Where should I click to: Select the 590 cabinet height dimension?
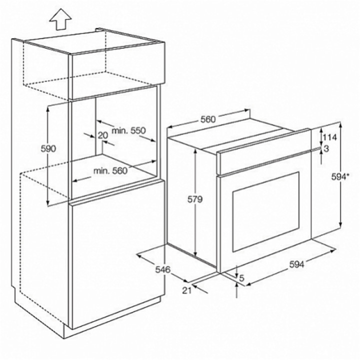coord(48,148)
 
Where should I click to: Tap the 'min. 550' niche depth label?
coord(128,130)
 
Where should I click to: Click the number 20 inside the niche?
coord(103,135)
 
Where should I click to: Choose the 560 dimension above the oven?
coord(208,119)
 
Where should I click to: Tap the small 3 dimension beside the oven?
coord(326,148)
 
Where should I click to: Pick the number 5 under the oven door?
coord(242,278)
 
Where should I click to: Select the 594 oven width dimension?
coord(296,265)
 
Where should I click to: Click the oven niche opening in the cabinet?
coord(125,150)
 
